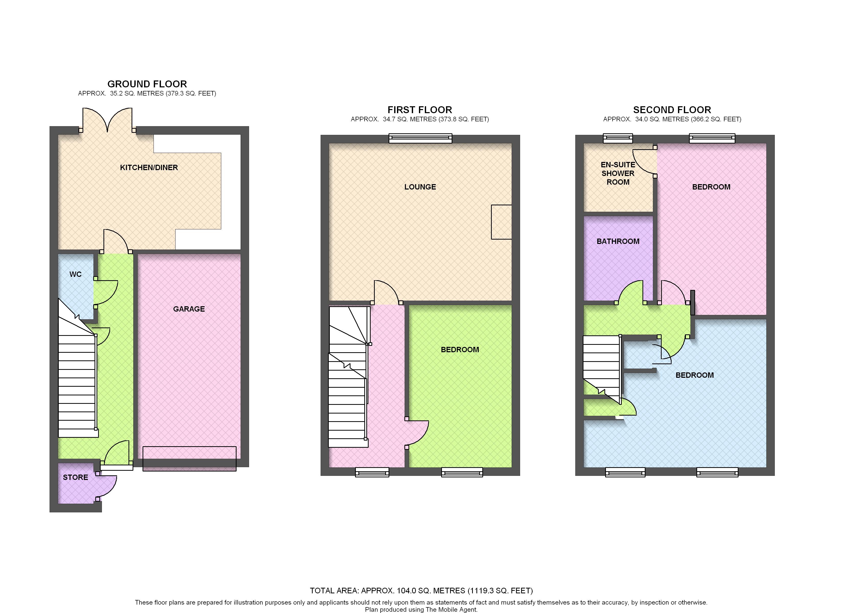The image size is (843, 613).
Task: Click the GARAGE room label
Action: tap(189, 309)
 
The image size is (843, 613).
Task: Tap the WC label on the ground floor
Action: tap(75, 274)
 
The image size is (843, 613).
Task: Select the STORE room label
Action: tap(75, 477)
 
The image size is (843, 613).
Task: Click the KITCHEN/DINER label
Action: tap(149, 168)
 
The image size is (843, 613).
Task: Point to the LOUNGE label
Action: tap(420, 187)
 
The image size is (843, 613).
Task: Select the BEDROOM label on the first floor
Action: tap(460, 349)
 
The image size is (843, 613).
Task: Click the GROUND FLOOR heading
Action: tap(147, 84)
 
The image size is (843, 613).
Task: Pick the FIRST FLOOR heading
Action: tap(420, 110)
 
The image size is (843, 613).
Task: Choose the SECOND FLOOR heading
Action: tap(672, 110)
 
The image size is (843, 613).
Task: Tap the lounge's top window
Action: tap(420, 139)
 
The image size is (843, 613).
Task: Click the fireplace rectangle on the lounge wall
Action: tap(501, 222)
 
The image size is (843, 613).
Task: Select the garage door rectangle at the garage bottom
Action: tap(190, 459)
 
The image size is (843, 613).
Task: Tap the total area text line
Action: tap(421, 591)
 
